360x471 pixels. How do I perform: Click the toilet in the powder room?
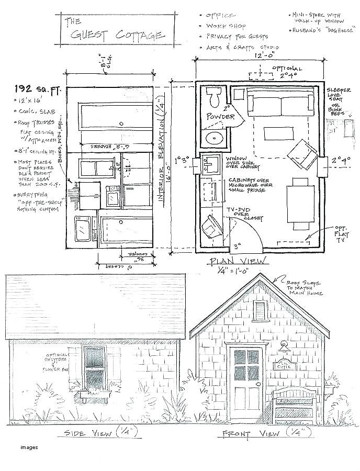click(214, 97)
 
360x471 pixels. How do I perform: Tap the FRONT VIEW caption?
click(251, 433)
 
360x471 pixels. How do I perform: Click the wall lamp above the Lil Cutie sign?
click(285, 345)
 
